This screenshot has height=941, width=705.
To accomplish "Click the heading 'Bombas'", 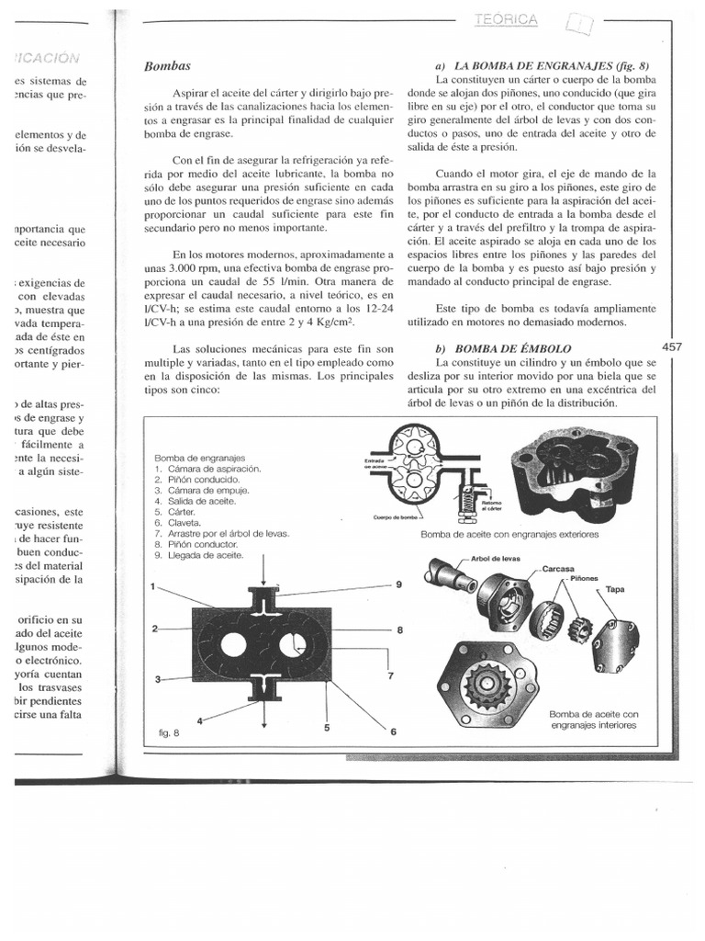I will coord(167,66).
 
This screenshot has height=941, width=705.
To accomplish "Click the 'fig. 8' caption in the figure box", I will coord(170,734).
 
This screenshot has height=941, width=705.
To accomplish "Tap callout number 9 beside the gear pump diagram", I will coord(399,585).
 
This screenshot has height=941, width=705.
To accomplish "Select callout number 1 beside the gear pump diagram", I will coord(153,585).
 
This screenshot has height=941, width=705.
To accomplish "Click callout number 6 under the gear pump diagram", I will coord(393,732).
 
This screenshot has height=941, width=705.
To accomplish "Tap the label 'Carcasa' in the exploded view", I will coord(557,568).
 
